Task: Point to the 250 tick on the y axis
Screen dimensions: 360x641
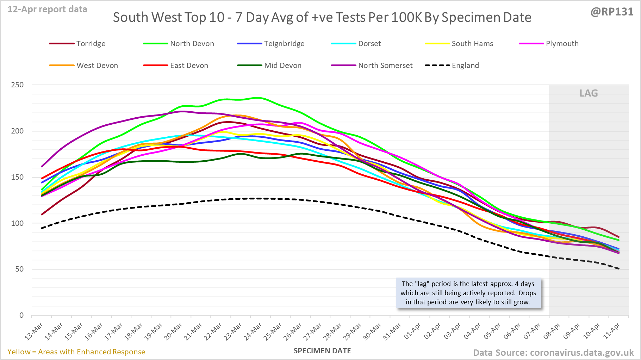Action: pos(17,85)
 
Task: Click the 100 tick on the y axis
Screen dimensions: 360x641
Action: pos(17,223)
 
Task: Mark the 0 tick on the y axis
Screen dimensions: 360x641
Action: pos(21,315)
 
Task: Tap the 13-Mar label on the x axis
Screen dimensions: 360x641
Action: pos(34,331)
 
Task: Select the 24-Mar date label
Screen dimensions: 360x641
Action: pos(253,331)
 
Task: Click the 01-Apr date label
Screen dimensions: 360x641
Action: pos(412,331)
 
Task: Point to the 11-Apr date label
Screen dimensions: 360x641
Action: pos(611,331)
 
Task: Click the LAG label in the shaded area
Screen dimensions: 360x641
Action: pos(589,93)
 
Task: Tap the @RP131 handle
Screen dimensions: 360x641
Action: pos(612,12)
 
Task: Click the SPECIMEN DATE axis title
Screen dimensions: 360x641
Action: pos(322,351)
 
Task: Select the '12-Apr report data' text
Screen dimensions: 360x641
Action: pos(47,10)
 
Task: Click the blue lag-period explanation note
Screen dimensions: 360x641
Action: pos(468,293)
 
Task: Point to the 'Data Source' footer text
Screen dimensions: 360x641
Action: pos(553,353)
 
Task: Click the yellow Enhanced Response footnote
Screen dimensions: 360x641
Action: pos(76,352)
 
